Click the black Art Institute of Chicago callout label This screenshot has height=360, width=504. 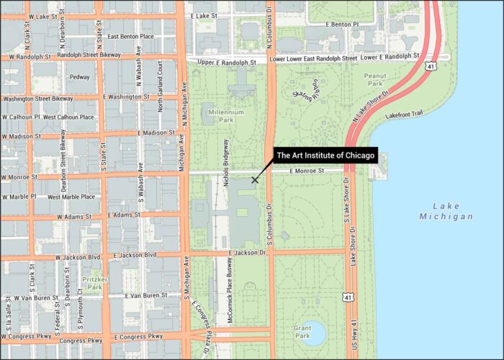(x=325, y=155)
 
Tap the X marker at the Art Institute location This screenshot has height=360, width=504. (x=254, y=180)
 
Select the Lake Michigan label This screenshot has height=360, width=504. (x=447, y=210)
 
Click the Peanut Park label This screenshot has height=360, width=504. (x=376, y=80)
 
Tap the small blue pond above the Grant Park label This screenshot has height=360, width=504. (x=312, y=330)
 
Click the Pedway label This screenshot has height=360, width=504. (x=78, y=77)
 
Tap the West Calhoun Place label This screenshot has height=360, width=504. (x=69, y=117)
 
